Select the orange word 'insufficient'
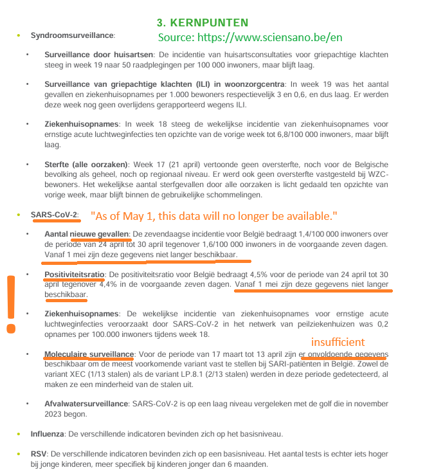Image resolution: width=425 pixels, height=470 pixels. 338,341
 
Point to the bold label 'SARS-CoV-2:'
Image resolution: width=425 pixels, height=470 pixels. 55,214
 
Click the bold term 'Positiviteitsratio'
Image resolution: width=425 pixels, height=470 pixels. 75,275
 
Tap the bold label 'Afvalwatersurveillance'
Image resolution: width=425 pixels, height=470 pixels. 87,404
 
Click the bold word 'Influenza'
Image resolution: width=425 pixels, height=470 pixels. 48,434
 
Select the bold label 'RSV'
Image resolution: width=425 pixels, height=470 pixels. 39,454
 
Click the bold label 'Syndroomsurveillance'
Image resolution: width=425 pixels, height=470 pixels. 73,35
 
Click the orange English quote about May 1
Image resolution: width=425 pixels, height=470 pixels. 213,215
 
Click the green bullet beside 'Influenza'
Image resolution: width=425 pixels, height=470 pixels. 20,434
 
